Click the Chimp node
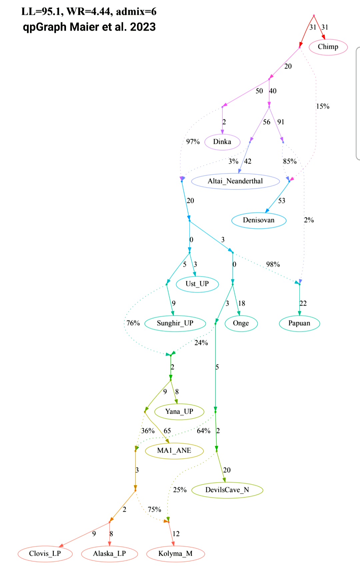click(x=328, y=47)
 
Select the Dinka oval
click(x=222, y=142)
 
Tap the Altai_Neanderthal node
click(x=235, y=181)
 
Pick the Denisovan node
click(x=259, y=220)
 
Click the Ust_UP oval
click(x=197, y=284)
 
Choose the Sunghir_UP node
click(x=175, y=323)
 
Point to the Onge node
click(x=241, y=323)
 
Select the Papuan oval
click(x=299, y=323)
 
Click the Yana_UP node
click(x=179, y=412)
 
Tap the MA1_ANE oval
click(x=174, y=451)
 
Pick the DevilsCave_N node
click(x=227, y=490)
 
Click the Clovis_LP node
click(x=45, y=554)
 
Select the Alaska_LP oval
click(x=109, y=554)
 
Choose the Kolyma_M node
click(x=175, y=554)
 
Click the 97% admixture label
click(x=193, y=142)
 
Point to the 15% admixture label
click(x=323, y=106)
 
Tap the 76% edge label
click(x=133, y=323)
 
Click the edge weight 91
click(x=281, y=122)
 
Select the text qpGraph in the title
click(x=44, y=27)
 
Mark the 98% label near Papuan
click(x=273, y=264)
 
